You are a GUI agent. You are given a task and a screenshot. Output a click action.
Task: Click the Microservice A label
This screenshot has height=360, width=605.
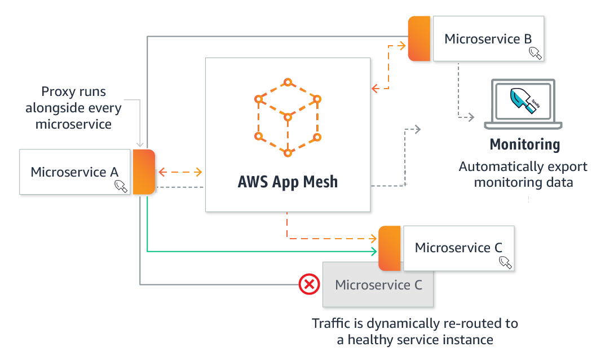pyautogui.click(x=74, y=172)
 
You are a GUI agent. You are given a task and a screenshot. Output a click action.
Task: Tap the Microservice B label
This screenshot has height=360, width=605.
pyautogui.click(x=488, y=39)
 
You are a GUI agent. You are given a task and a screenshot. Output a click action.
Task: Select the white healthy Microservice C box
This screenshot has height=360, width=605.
pyautogui.click(x=458, y=248)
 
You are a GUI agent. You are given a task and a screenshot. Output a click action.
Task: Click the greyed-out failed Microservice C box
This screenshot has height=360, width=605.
pyautogui.click(x=378, y=286)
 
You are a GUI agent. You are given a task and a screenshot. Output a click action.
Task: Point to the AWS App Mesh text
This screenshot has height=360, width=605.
pyautogui.click(x=288, y=182)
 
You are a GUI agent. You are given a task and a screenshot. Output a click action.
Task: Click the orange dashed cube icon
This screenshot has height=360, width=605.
pyautogui.click(x=288, y=117)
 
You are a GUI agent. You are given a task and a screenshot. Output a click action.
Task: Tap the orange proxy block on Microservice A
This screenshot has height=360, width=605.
pyautogui.click(x=143, y=172)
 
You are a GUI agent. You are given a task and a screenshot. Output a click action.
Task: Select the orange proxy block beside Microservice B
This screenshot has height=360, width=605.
pyautogui.click(x=419, y=38)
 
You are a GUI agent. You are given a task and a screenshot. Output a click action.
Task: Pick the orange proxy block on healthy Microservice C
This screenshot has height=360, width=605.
pyautogui.click(x=390, y=248)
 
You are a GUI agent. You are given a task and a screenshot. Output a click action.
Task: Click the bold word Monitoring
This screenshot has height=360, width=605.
pyautogui.click(x=525, y=144)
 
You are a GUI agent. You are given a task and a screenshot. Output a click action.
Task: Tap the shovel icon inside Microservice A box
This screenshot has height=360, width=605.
pyautogui.click(x=121, y=186)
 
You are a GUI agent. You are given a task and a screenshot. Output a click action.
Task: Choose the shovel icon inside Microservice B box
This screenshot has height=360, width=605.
pyautogui.click(x=535, y=54)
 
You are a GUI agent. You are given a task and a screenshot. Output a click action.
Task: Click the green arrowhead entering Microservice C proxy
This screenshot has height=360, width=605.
pyautogui.click(x=374, y=251)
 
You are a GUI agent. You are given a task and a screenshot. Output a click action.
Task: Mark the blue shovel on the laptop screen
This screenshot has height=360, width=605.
pyautogui.click(x=522, y=100)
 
